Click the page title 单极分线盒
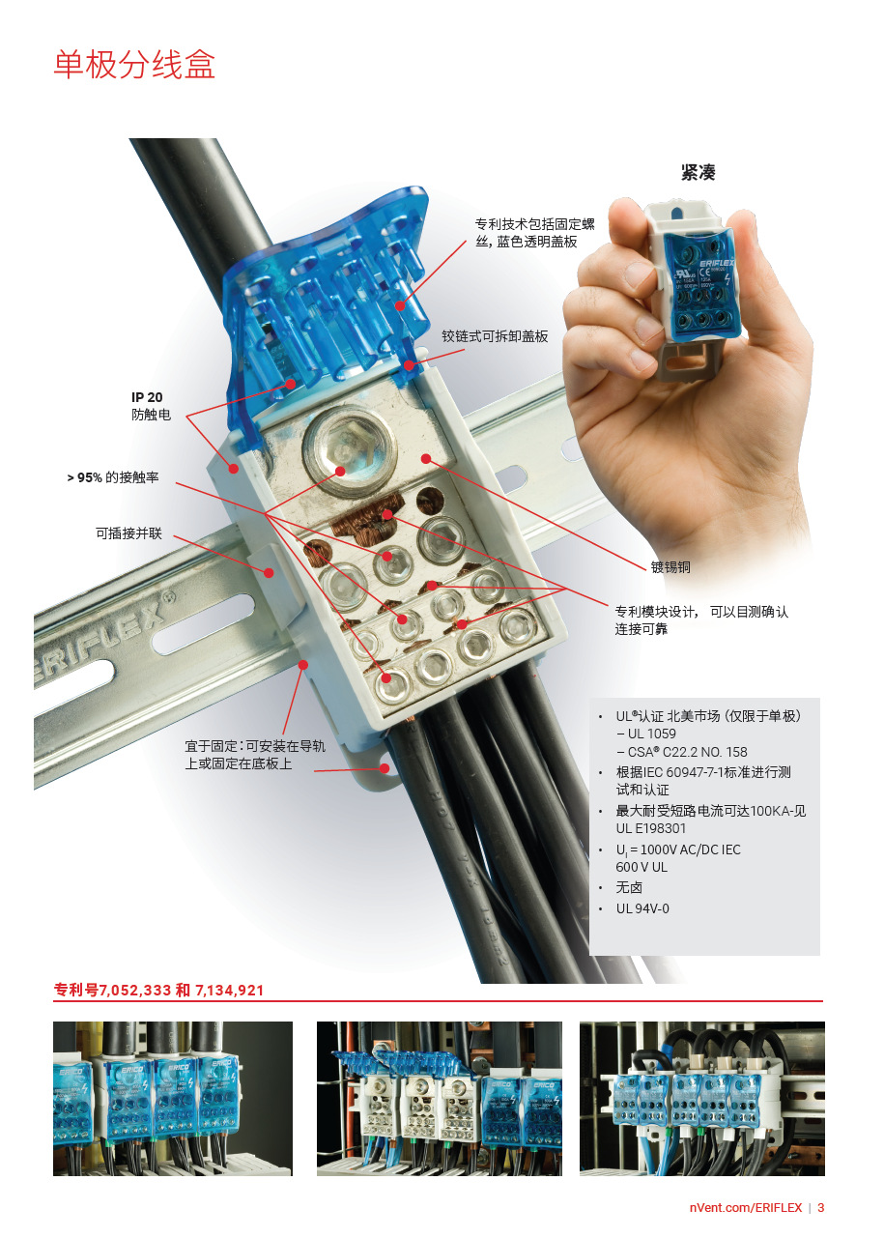134,64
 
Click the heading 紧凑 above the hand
698,173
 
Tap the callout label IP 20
147,397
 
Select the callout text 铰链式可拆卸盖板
495,336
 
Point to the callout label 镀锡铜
670,567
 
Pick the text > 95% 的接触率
113,477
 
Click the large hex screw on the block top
349,453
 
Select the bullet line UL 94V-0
642,908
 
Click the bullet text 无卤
629,887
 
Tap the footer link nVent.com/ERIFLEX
745,1207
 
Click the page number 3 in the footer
821,1207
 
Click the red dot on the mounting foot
385,768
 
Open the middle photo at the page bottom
440,1099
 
